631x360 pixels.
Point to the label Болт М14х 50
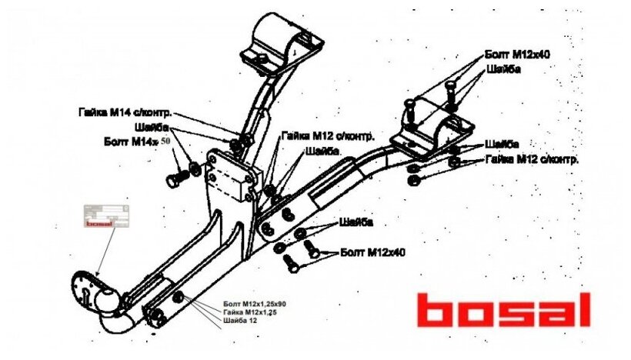click(x=136, y=142)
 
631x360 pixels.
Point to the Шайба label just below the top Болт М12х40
click(x=503, y=69)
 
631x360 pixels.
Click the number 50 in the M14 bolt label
click(x=165, y=141)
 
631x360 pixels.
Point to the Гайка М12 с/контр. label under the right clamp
click(x=532, y=159)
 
